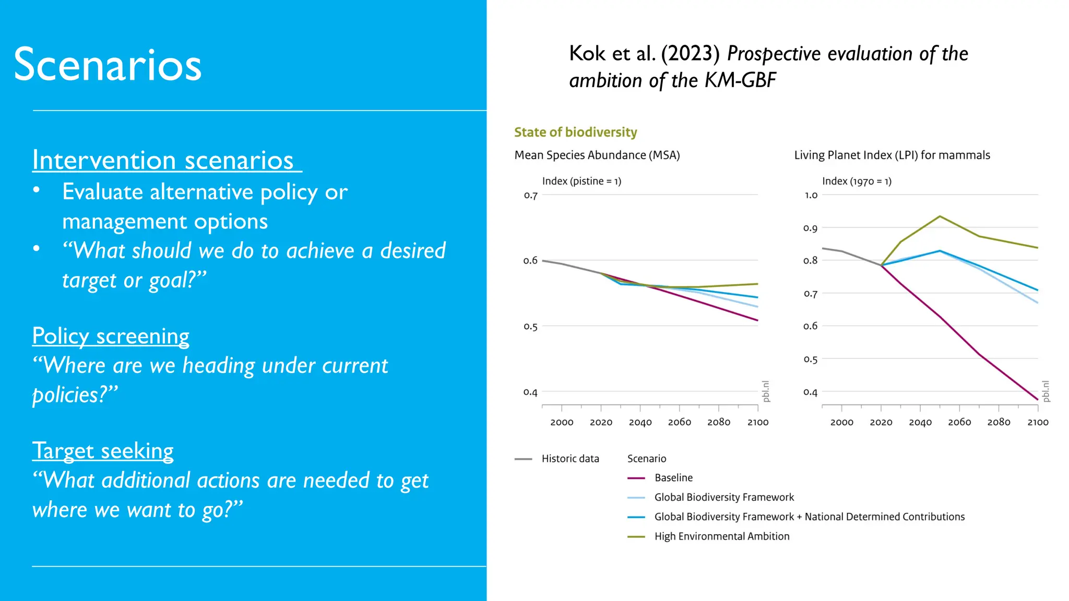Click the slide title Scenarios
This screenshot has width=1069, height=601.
108,65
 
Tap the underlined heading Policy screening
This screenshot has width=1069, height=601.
111,336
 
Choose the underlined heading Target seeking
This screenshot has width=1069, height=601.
103,451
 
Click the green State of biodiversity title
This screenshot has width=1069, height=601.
575,133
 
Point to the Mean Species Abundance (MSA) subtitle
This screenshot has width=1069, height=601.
597,155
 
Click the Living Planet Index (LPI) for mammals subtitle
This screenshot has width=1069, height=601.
892,155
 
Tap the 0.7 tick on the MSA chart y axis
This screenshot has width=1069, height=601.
530,196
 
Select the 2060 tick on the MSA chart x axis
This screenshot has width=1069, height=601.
679,422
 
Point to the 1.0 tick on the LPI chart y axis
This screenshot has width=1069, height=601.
811,195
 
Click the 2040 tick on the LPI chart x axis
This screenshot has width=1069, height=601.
920,422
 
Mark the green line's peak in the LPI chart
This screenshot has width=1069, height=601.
940,216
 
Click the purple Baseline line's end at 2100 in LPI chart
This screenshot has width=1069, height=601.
1037,400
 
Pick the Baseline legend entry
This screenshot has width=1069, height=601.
673,478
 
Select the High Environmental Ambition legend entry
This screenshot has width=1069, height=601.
721,536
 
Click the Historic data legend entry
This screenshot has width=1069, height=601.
570,459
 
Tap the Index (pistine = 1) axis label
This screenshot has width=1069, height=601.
581,181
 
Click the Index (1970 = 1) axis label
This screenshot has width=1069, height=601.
857,181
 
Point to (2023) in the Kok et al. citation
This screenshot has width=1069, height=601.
690,54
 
